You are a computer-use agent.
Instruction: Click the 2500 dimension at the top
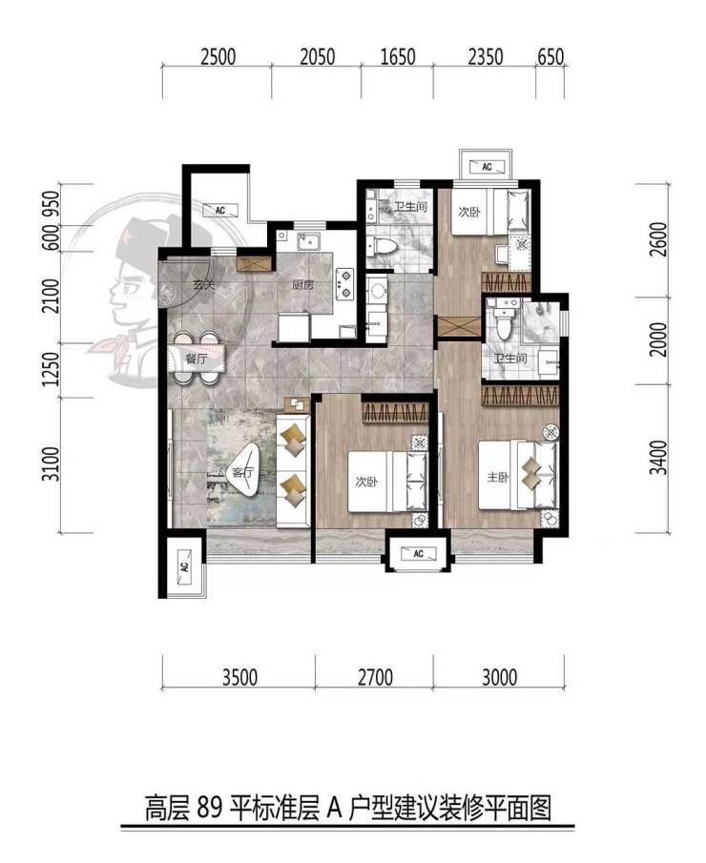[218, 56]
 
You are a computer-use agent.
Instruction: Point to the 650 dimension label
[550, 56]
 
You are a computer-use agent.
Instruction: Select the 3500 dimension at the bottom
[239, 677]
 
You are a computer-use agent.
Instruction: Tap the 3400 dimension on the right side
[658, 458]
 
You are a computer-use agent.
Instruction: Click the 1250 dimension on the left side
[51, 369]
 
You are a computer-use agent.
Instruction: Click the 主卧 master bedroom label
[497, 477]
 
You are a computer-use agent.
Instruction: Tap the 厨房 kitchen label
[302, 285]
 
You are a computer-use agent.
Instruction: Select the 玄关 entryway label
[203, 285]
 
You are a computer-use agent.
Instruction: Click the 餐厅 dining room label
[196, 359]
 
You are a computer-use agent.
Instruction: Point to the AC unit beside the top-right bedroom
[487, 166]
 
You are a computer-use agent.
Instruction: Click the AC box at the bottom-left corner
[184, 565]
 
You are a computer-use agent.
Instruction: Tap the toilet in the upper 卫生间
[382, 246]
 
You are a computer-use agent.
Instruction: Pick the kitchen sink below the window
[309, 241]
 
